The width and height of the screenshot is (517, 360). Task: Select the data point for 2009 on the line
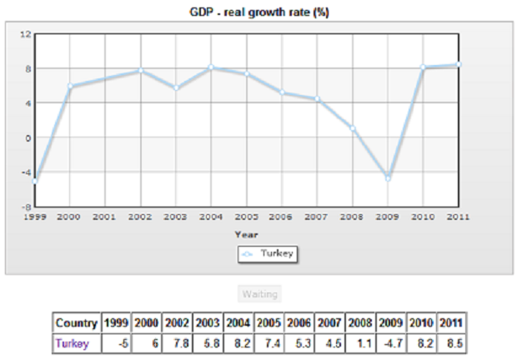pos(388,178)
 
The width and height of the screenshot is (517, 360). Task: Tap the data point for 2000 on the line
pos(69,86)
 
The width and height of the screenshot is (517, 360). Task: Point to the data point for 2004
pos(211,67)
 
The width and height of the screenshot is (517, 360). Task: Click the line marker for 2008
pos(353,128)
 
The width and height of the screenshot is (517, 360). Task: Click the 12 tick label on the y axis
pos(26,34)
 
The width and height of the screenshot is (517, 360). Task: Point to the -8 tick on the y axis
pos(26,206)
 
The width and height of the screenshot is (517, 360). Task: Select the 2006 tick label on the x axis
pos(282,216)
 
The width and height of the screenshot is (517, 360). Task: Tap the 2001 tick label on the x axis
pos(104,216)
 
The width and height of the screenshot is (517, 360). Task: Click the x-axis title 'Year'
pos(246,234)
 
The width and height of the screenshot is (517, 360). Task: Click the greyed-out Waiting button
pos(258,293)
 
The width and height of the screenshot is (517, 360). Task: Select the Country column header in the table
pos(76,322)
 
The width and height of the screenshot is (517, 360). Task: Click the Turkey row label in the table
pos(71,342)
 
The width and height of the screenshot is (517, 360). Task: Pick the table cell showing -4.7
pos(391,342)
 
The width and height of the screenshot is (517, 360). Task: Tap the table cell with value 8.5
pos(452,342)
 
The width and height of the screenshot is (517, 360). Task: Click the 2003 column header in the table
pos(208,322)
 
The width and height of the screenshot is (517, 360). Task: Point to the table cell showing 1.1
pos(361,342)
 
